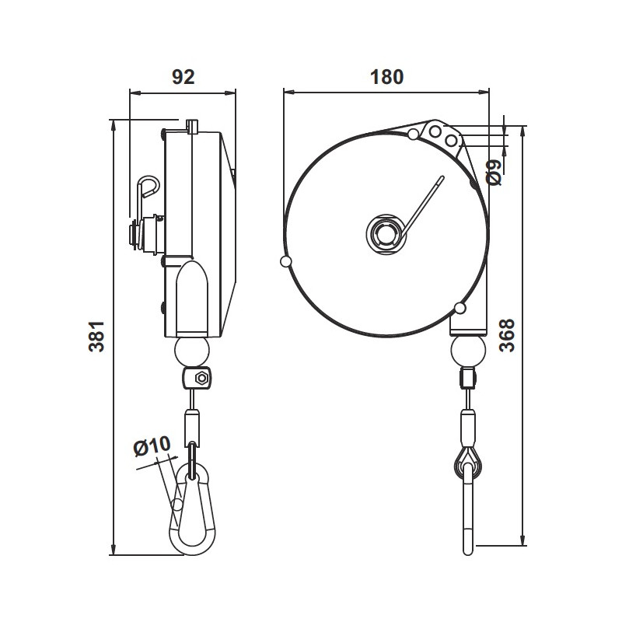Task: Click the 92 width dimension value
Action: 182,76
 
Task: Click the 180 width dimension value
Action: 386,76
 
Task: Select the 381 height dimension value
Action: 96,337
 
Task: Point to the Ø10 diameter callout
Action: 152,446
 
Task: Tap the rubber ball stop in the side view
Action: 192,352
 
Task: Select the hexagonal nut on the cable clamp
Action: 201,379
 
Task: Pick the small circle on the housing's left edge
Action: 286,261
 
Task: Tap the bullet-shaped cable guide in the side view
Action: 192,295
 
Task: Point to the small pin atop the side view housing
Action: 193,126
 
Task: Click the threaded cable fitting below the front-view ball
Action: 468,379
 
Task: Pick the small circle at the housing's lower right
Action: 461,309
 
